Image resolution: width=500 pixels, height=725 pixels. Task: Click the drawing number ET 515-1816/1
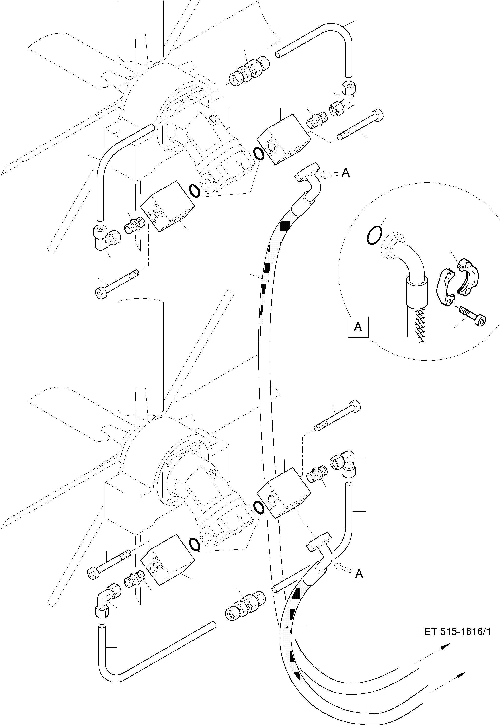click(x=457, y=631)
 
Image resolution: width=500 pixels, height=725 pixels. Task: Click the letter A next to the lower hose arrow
click(x=359, y=574)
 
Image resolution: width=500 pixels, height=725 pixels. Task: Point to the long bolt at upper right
click(x=361, y=125)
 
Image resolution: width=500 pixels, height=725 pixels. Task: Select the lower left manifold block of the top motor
click(x=167, y=206)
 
